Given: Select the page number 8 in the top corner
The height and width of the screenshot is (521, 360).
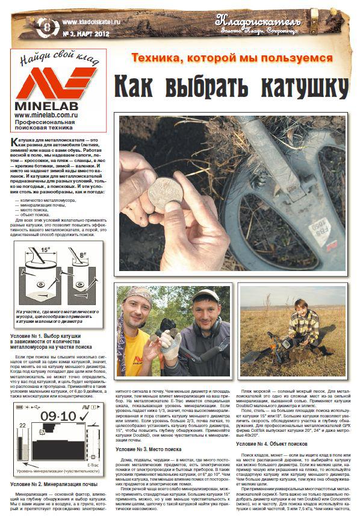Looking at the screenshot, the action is (x=47, y=26).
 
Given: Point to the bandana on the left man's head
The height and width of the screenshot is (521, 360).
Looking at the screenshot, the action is (x=138, y=295).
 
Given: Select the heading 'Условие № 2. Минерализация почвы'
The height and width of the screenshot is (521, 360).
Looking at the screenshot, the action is (x=54, y=484).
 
